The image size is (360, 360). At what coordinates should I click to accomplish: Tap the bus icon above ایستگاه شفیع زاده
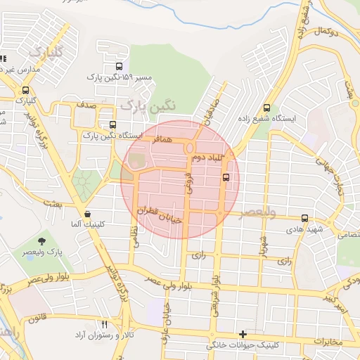pyautogui.click(x=266, y=108)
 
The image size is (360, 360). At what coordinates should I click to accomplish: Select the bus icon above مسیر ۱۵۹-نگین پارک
pyautogui.click(x=124, y=67)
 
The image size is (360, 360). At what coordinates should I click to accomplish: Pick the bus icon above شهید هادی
pyautogui.click(x=304, y=219)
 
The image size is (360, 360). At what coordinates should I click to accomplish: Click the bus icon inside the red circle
pyautogui.click(x=226, y=177)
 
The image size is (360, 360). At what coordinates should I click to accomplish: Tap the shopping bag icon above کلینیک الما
pyautogui.click(x=87, y=214)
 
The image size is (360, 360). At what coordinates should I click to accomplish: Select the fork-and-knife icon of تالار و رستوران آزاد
pyautogui.click(x=105, y=324)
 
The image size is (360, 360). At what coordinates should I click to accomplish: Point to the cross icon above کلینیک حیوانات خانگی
pyautogui.click(x=243, y=334)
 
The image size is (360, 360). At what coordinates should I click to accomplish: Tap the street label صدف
pyautogui.click(x=86, y=104)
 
